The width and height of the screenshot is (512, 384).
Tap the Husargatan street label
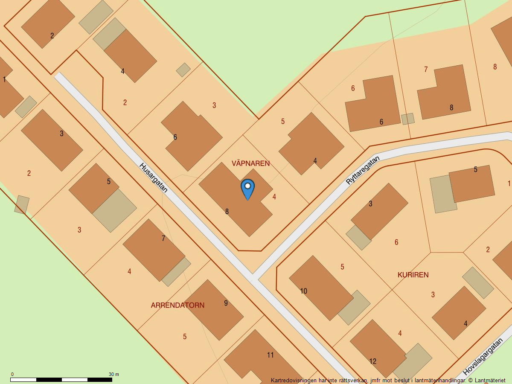pos(153,177)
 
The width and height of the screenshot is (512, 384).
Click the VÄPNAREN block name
pos(250,163)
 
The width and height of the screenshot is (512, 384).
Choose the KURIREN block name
pos(413,275)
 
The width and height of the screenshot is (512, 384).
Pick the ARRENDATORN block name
pos(177,305)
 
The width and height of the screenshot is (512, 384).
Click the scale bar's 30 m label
pos(113,374)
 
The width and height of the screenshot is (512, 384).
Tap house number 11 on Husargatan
pos(270,355)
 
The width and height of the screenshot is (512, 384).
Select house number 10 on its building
pos(303,291)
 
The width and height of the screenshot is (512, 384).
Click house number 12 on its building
pos(372,361)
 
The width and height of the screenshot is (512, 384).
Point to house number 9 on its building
pos(226,303)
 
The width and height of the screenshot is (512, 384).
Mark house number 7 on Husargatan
pos(163,238)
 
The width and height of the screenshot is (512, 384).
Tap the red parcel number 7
pos(425,69)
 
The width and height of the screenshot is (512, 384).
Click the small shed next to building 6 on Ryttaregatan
pos(408,119)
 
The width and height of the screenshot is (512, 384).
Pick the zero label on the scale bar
pos(12,374)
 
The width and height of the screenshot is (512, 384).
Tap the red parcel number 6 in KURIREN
pos(396,242)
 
